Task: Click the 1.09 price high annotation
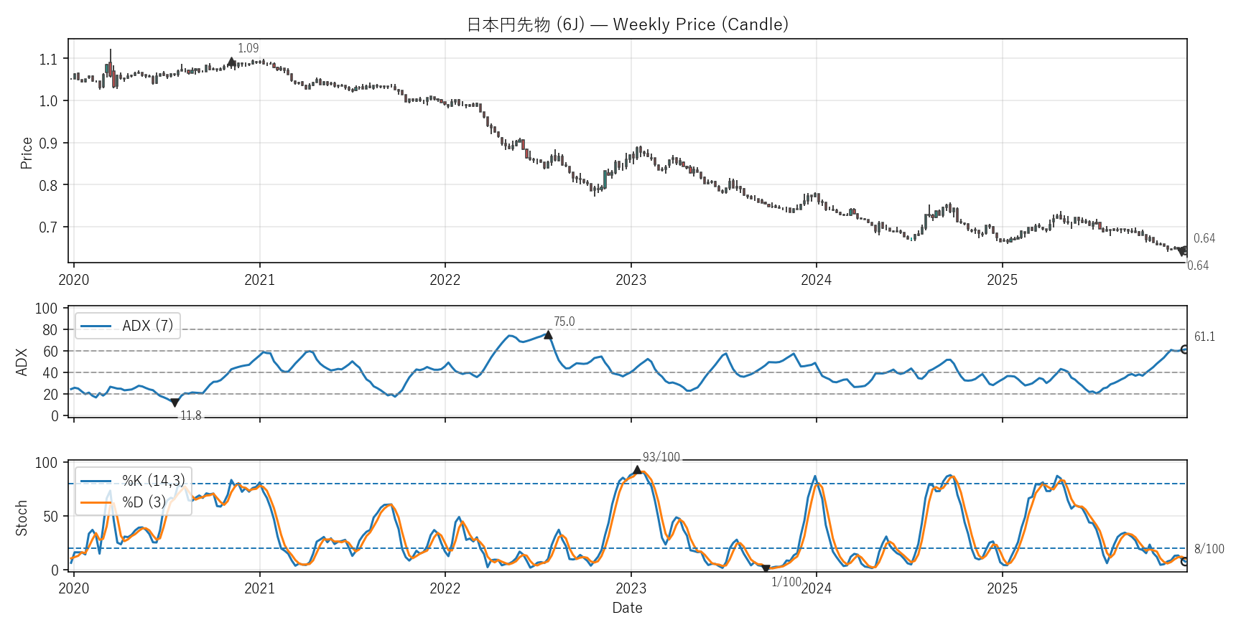pyautogui.click(x=248, y=48)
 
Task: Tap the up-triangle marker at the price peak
pyautogui.click(x=231, y=62)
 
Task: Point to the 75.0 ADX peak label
pyautogui.click(x=564, y=321)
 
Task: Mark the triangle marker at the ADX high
pyautogui.click(x=548, y=335)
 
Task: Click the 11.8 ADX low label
pyautogui.click(x=190, y=415)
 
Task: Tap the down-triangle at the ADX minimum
pyautogui.click(x=175, y=403)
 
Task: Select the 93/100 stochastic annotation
pyautogui.click(x=661, y=457)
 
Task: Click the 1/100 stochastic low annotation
pyautogui.click(x=786, y=582)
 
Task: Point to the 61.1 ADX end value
pyautogui.click(x=1204, y=337)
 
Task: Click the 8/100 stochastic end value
pyautogui.click(x=1209, y=549)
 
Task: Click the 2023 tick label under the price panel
pyautogui.click(x=631, y=280)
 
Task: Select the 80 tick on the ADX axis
pyautogui.click(x=50, y=330)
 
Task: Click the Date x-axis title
pyautogui.click(x=627, y=608)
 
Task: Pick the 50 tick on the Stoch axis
pyautogui.click(x=50, y=517)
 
